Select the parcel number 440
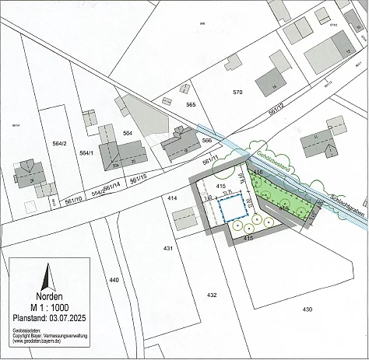coord(114,279)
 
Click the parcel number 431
coord(167,248)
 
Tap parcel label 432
coord(211,295)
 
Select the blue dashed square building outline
coord(231,209)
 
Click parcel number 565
coord(191,104)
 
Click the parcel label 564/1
coord(86,153)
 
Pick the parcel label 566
coord(206,140)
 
